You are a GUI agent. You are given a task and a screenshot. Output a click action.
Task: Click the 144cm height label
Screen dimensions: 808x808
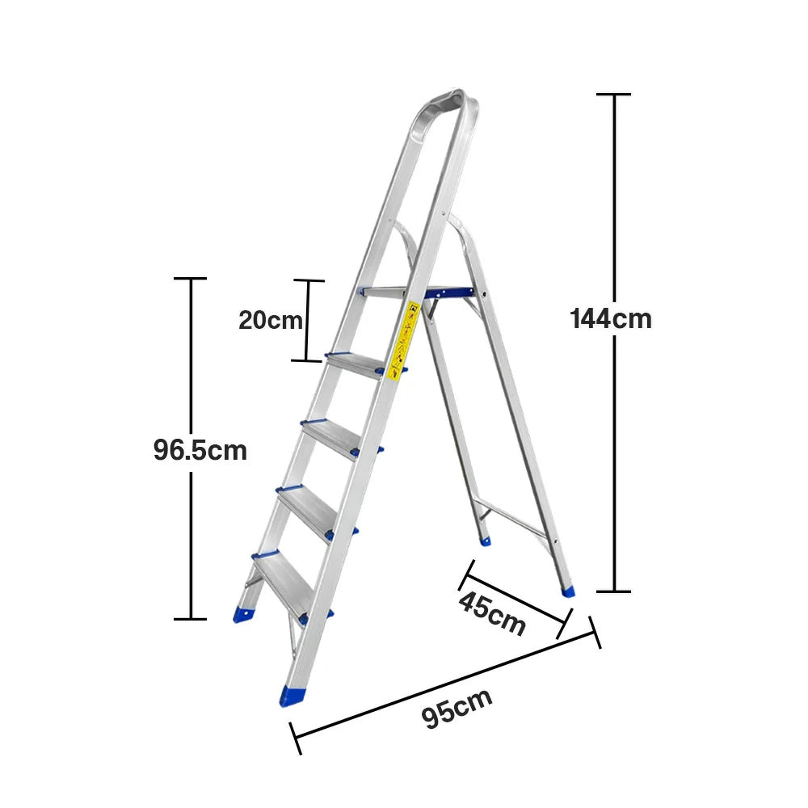pyautogui.click(x=611, y=318)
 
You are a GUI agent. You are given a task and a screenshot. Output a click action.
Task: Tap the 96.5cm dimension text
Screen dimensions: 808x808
pyautogui.click(x=200, y=450)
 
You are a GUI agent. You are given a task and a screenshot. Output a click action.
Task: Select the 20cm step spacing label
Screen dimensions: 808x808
pyautogui.click(x=270, y=320)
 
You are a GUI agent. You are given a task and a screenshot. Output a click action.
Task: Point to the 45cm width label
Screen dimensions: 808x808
pyautogui.click(x=492, y=612)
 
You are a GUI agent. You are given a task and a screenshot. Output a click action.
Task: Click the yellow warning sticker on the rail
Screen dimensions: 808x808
pyautogui.click(x=403, y=339)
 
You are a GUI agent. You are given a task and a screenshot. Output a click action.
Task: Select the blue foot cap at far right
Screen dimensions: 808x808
pyautogui.click(x=570, y=591)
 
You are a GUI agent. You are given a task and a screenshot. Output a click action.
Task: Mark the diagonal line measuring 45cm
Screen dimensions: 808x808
pyautogui.click(x=513, y=598)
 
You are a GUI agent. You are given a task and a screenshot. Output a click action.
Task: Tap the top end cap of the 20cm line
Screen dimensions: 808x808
pyautogui.click(x=308, y=281)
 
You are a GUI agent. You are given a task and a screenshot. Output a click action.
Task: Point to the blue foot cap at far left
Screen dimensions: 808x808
pyautogui.click(x=242, y=612)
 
